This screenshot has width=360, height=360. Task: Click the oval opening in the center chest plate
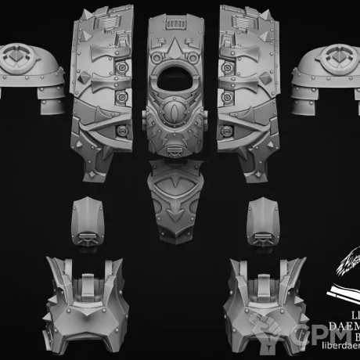point(179,78)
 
